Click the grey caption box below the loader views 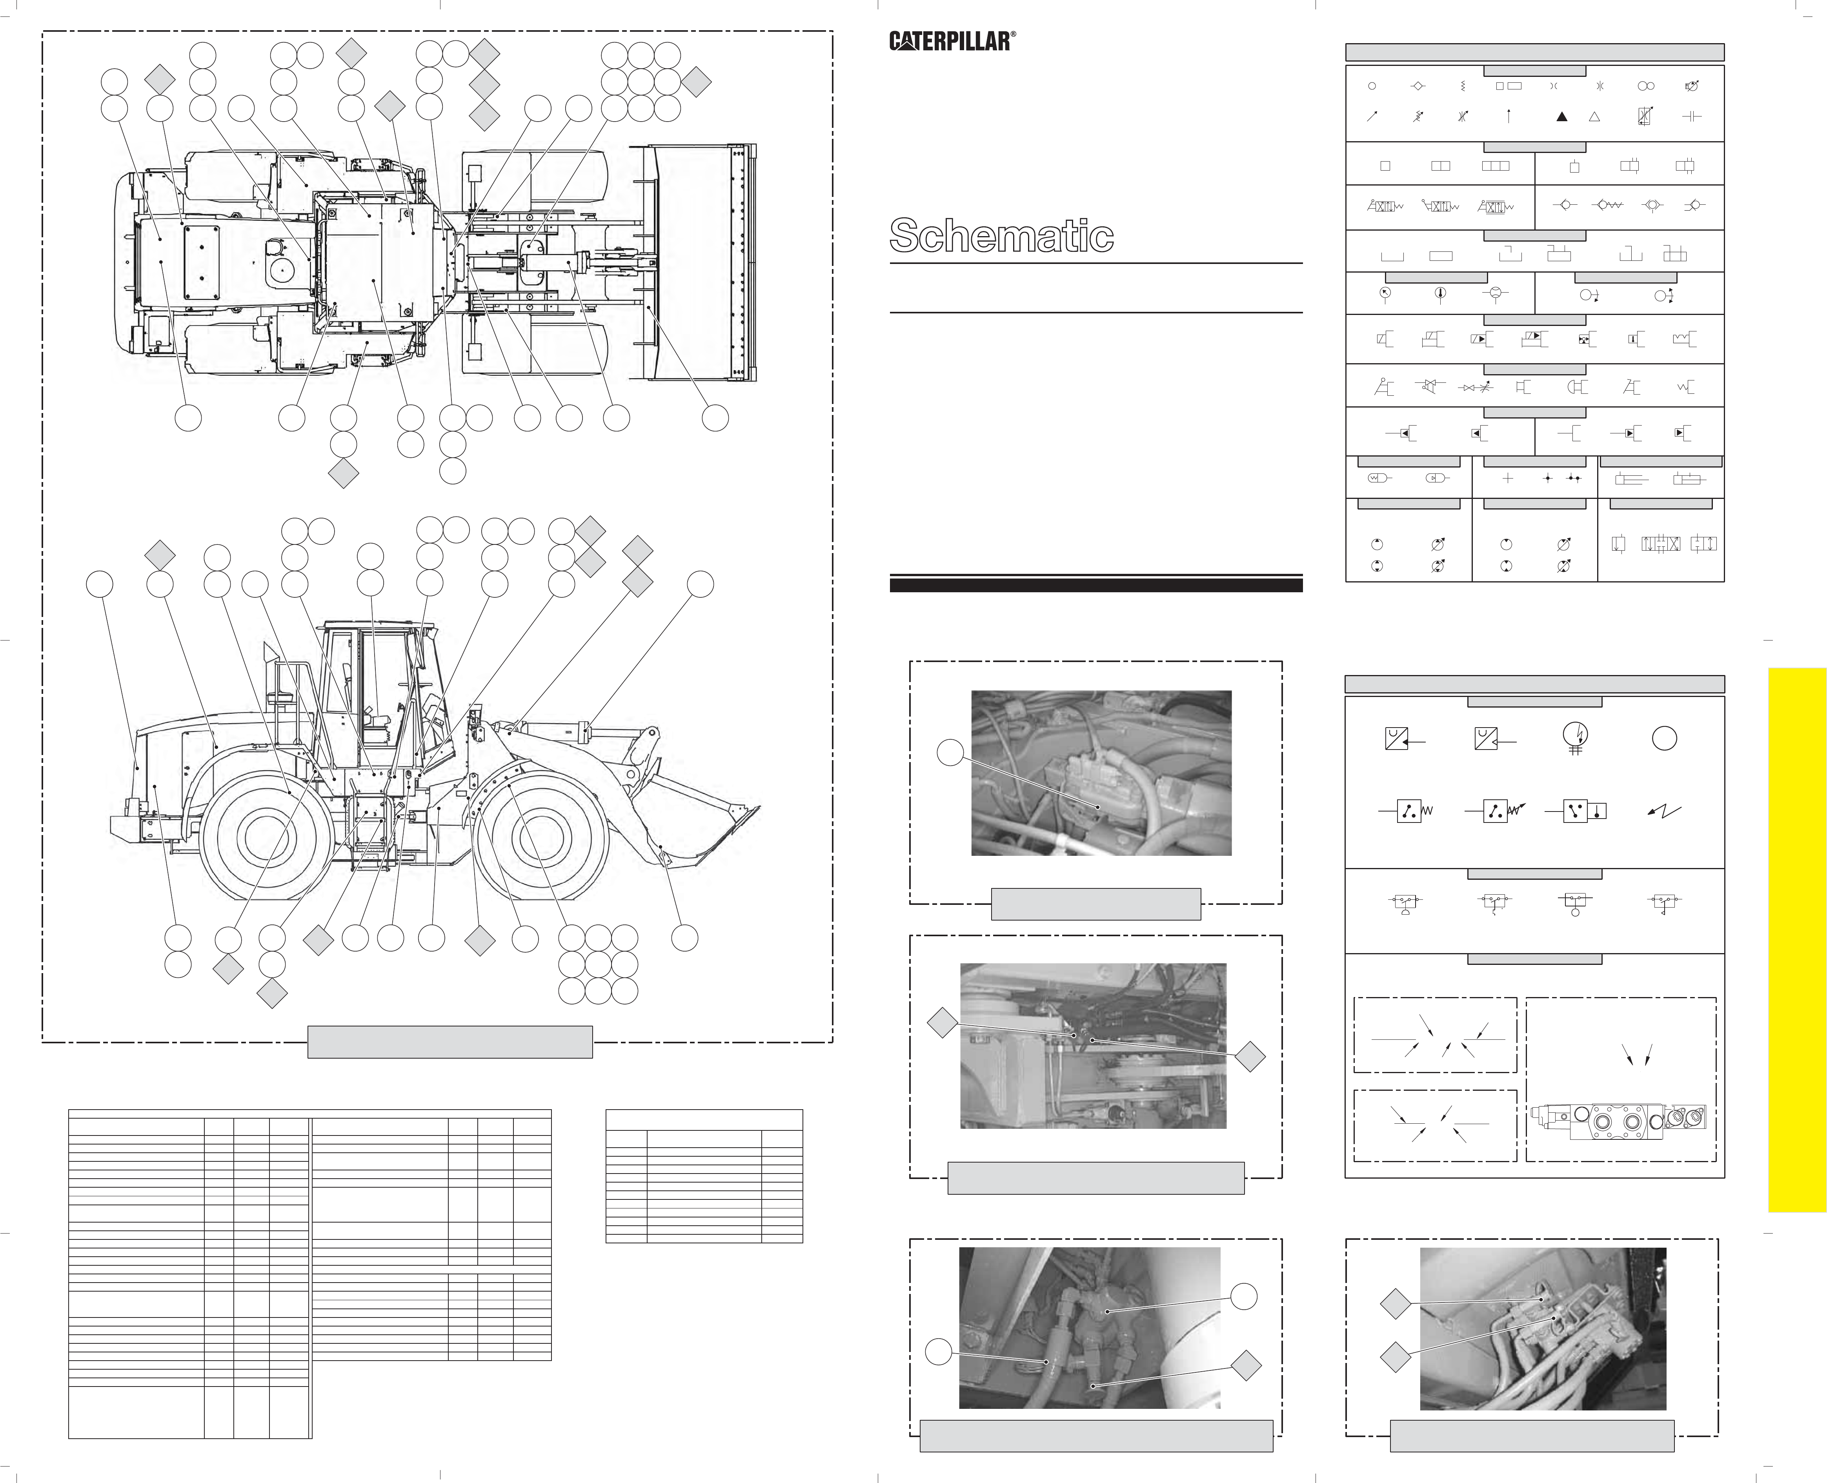(x=450, y=1041)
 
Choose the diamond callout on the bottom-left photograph (x=1246, y=1365)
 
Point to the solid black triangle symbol (x=1561, y=117)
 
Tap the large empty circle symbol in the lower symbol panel (x=1664, y=738)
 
